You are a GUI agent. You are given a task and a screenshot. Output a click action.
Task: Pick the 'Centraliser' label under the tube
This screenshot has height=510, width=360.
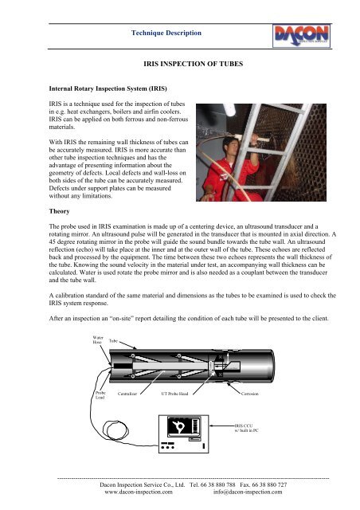(132, 394)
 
